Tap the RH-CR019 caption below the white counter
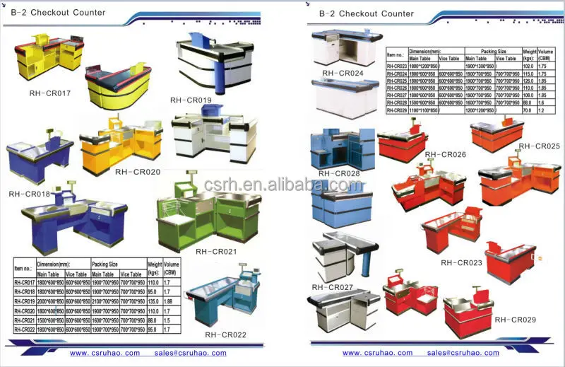click(191, 100)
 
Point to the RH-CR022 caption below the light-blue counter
click(225, 334)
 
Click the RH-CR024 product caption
click(343, 73)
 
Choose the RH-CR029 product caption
click(515, 320)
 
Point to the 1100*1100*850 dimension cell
click(422, 111)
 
